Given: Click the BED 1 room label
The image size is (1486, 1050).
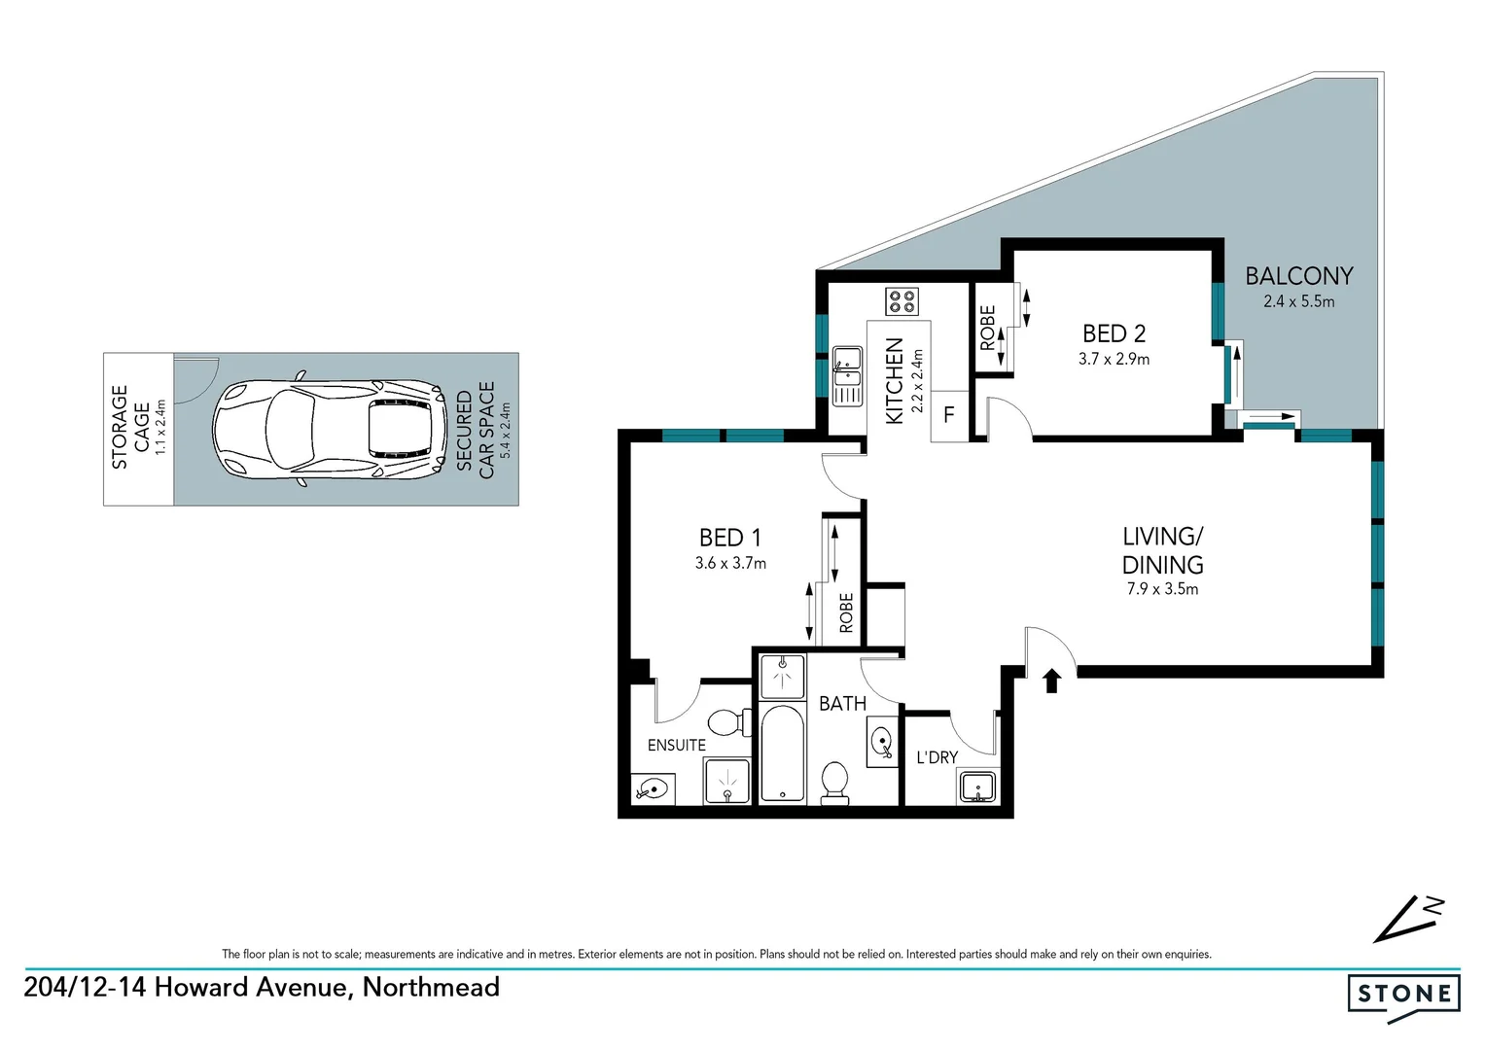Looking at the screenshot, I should click(729, 538).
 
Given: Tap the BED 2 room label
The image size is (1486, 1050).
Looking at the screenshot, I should click(1114, 333).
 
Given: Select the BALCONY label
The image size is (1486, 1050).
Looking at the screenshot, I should click(1298, 276).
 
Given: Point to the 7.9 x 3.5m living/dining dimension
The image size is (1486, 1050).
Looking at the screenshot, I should click(1162, 589).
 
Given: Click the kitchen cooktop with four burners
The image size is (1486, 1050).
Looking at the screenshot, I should click(901, 301).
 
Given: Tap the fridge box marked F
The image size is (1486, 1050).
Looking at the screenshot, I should click(949, 415).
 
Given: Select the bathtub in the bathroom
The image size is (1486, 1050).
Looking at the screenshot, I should click(782, 753).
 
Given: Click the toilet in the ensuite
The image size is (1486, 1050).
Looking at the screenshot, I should click(726, 722).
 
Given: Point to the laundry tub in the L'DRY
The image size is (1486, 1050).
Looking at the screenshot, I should click(977, 786).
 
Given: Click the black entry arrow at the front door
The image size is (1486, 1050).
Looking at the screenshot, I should click(1050, 680).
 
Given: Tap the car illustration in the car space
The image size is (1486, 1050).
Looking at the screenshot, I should click(329, 429).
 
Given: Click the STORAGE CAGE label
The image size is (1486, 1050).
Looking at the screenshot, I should click(129, 428).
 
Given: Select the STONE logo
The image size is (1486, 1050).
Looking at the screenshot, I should click(1403, 995).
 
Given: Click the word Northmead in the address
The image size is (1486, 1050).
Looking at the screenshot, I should click(431, 987).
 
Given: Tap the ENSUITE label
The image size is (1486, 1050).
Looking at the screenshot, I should click(676, 745).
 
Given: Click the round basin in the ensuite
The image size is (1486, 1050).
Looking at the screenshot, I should click(652, 788).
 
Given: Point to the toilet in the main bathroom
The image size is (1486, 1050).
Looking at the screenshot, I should click(834, 782).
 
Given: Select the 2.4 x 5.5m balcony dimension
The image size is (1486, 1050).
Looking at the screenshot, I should click(1298, 301).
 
